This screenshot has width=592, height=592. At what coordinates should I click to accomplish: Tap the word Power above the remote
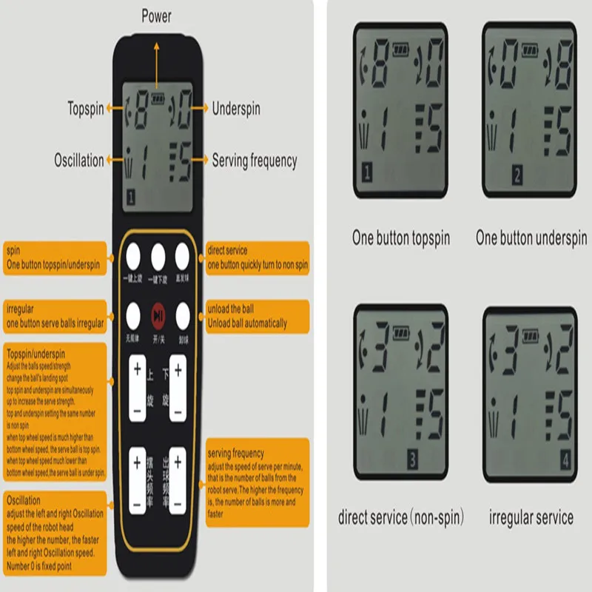point(155,16)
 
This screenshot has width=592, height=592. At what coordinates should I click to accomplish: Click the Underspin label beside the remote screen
point(236,108)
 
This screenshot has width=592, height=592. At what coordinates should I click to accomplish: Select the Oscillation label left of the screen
point(79,160)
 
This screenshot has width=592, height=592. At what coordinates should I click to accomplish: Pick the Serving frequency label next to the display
point(254,160)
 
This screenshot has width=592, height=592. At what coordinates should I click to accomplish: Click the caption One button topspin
point(400,238)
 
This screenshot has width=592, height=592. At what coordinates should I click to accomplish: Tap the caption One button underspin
point(531,238)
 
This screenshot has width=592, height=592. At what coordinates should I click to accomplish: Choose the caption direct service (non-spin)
point(401,517)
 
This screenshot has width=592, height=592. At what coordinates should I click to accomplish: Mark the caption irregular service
point(531,517)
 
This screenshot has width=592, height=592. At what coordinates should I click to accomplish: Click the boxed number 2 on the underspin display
point(517,176)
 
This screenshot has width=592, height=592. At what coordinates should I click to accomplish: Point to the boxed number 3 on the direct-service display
point(412,460)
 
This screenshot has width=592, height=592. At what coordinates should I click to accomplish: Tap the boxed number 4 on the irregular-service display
point(566,460)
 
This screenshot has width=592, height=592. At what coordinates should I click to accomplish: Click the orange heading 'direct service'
point(228,251)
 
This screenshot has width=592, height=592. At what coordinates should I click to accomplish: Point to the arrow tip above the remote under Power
point(156,44)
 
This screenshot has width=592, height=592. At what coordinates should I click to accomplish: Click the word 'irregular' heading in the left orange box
point(21,309)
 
